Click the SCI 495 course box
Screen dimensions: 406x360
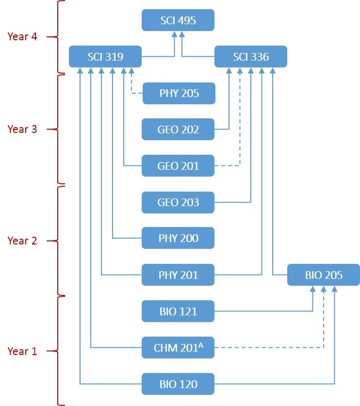178,21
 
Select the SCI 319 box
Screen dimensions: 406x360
105,57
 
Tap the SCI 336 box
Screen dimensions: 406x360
250,57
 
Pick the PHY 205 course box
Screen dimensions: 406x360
178,93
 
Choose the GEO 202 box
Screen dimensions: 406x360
178,130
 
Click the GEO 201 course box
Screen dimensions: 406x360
178,166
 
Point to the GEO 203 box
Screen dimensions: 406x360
178,202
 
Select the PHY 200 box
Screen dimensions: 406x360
178,239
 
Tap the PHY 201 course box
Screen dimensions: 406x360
178,275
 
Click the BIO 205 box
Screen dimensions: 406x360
323,275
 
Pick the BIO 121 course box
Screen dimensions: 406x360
178,311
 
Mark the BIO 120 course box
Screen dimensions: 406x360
178,384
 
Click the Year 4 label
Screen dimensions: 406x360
22,36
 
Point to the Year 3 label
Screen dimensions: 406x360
22,129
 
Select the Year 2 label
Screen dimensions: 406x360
22,241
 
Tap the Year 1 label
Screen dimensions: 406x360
22,351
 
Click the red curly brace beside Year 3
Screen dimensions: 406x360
56,130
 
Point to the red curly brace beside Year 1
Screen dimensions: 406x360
56,351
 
